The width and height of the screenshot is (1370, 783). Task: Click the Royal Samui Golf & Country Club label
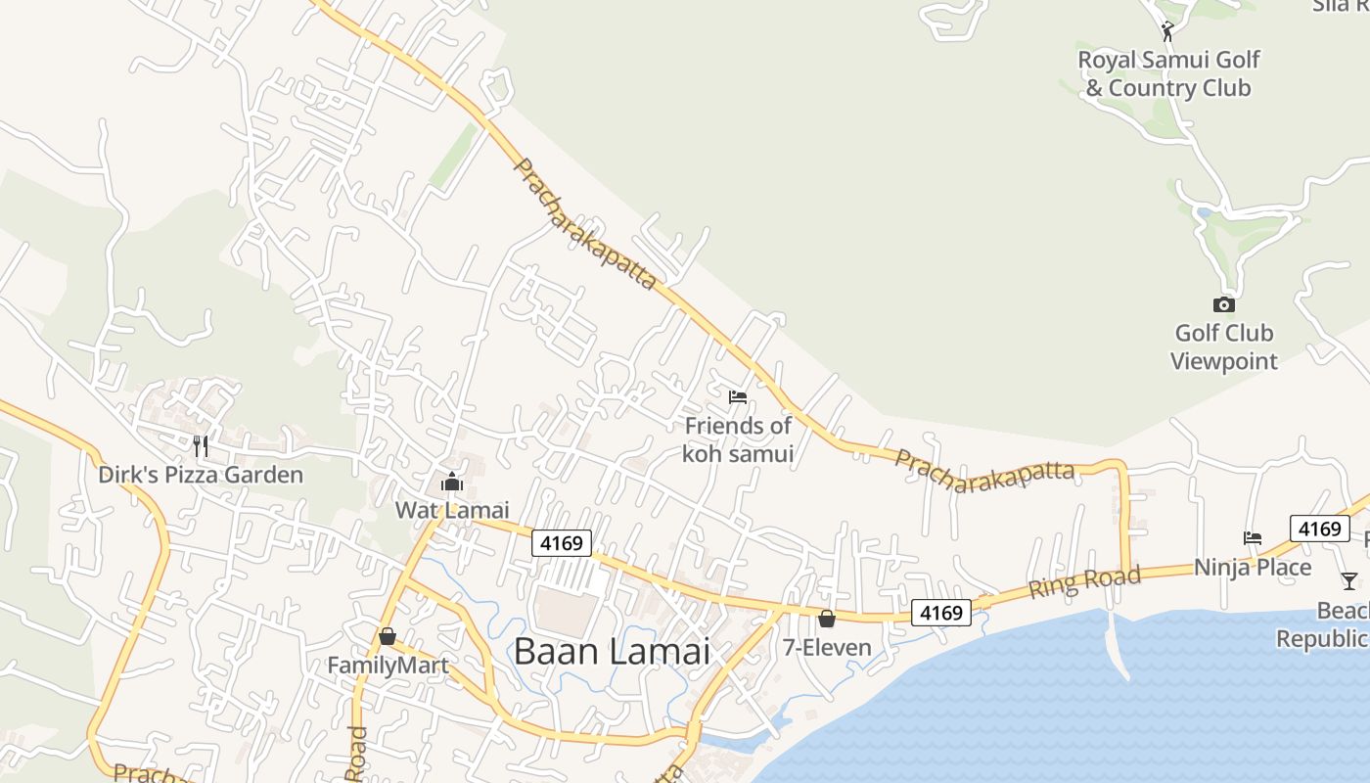click(1168, 73)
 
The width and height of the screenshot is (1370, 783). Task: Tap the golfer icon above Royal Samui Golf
click(1166, 31)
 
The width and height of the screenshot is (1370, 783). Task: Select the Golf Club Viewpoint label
click(1224, 346)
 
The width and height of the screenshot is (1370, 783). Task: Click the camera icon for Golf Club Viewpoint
click(1223, 304)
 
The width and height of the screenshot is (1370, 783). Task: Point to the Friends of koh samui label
click(738, 439)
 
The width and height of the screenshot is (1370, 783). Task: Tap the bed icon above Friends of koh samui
click(738, 396)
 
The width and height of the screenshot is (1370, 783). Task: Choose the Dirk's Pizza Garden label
click(201, 475)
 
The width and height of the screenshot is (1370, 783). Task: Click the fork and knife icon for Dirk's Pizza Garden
click(201, 446)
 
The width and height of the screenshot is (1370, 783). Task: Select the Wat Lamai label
click(452, 510)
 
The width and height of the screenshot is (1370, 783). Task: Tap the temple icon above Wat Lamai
click(452, 482)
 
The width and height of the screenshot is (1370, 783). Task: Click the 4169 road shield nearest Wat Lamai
click(563, 542)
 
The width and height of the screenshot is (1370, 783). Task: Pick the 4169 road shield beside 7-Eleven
click(942, 613)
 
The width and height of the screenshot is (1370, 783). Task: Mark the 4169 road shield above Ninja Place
click(1320, 529)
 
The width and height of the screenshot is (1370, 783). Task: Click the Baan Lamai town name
click(612, 651)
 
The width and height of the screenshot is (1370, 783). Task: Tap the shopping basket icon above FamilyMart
click(388, 636)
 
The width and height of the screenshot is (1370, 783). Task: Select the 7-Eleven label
click(827, 647)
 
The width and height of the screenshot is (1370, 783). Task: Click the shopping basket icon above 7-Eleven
click(827, 619)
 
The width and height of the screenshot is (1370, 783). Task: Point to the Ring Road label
click(1084, 582)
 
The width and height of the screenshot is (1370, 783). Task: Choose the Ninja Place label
click(1253, 567)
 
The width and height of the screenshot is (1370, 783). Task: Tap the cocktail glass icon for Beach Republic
click(1349, 580)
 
